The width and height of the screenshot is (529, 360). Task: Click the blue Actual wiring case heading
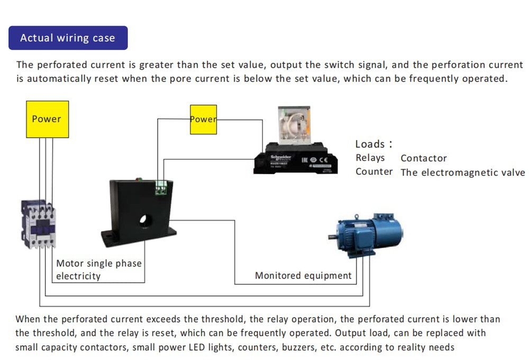68,38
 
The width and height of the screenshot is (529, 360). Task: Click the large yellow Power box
47,119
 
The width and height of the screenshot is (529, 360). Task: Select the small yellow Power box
203,120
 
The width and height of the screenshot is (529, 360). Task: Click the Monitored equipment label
303,275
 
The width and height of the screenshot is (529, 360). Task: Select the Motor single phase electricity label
99,269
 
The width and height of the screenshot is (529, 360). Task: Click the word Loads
370,144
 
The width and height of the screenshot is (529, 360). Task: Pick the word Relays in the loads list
370,158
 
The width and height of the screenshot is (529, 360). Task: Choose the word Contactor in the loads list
424,158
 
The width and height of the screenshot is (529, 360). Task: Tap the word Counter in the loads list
374,172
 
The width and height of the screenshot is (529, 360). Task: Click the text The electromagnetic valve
463,172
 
